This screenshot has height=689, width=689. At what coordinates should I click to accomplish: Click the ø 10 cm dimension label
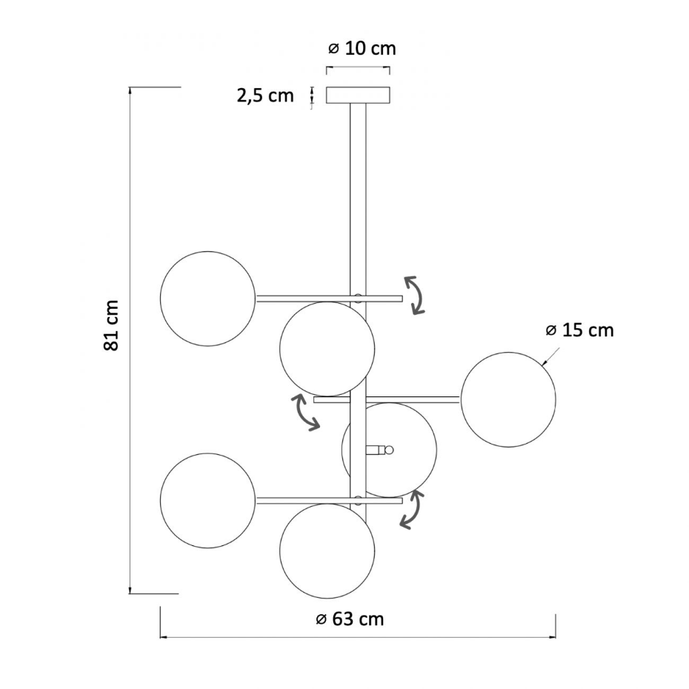point(362,48)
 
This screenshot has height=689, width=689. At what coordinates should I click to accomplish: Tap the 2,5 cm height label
point(265,96)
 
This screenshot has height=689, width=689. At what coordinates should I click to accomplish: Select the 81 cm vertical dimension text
point(111,325)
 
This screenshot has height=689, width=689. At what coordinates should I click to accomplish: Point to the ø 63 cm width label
point(350,619)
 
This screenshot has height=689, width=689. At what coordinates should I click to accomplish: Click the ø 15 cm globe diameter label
point(579,330)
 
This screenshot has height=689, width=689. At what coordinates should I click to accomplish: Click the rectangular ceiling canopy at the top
point(358,96)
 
